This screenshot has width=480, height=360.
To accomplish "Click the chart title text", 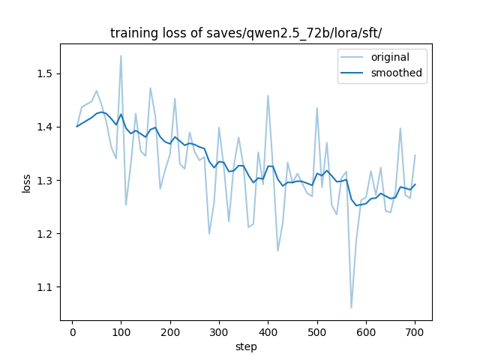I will pyautogui.click(x=246, y=33).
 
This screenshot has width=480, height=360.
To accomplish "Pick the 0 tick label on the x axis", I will pyautogui.click(x=72, y=332).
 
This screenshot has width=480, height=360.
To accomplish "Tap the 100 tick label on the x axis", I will pyautogui.click(x=121, y=332).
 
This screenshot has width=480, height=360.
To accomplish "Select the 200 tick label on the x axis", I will pyautogui.click(x=170, y=332).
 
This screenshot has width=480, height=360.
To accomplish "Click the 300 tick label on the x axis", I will pyautogui.click(x=219, y=332).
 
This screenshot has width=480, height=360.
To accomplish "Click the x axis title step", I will pyautogui.click(x=246, y=346).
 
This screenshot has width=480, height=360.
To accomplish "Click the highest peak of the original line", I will pyautogui.click(x=121, y=55).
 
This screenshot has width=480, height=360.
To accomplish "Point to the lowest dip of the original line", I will pyautogui.click(x=351, y=307).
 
